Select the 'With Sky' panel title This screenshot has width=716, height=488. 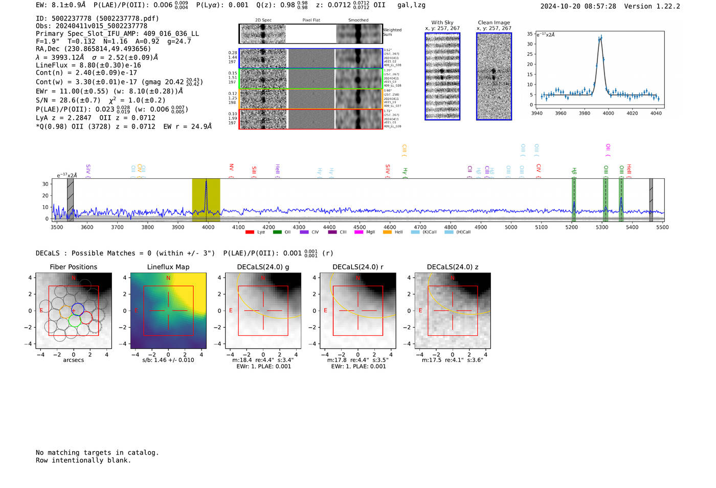(442, 23)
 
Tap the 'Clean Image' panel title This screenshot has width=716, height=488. (494, 23)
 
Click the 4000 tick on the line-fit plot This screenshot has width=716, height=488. (608, 113)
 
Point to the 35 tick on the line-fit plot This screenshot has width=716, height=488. (530, 34)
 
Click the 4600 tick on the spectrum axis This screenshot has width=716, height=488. (390, 227)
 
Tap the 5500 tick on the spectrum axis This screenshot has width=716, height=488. (662, 227)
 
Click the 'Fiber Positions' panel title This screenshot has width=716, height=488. (74, 267)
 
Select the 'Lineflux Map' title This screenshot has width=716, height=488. (168, 267)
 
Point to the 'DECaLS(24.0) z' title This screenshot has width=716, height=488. (453, 267)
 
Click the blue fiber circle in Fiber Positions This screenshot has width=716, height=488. (77, 309)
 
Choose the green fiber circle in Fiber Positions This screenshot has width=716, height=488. (75, 321)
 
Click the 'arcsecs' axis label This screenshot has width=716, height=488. (74, 360)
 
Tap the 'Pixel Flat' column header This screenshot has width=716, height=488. (311, 20)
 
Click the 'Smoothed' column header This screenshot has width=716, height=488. (358, 20)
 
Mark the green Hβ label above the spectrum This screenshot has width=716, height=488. (574, 171)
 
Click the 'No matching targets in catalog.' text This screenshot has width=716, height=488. (97, 453)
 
